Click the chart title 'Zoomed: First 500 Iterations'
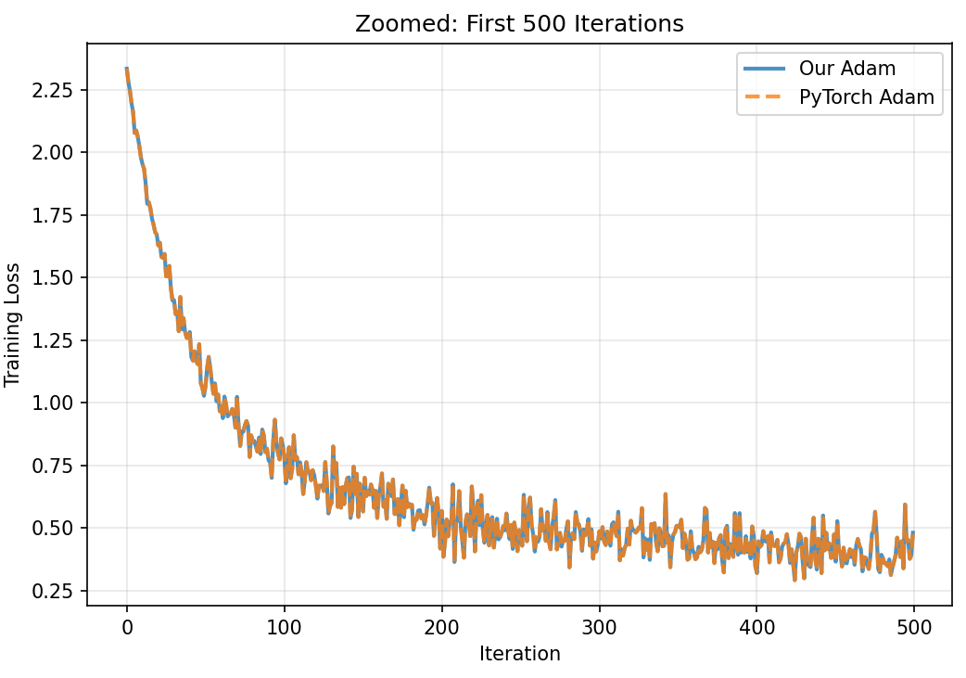(x=519, y=24)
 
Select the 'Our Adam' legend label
(x=847, y=70)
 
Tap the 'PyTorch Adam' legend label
(x=867, y=97)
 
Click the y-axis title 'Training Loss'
(x=13, y=324)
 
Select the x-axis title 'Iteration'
(x=519, y=654)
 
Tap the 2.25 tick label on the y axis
(x=57, y=90)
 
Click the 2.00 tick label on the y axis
(x=57, y=152)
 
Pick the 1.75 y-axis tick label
(x=57, y=215)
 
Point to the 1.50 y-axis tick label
(x=57, y=277)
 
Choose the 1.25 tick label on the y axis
(x=57, y=340)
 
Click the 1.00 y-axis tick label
(x=57, y=403)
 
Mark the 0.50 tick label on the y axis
(x=57, y=528)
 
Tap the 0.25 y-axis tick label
(x=57, y=591)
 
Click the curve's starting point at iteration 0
(x=127, y=69)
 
